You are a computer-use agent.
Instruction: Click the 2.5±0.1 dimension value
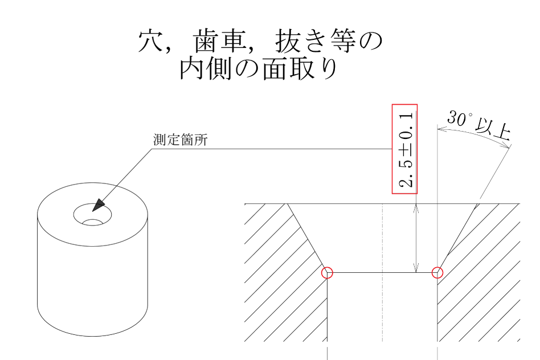point(406,149)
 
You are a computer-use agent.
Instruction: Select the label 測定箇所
point(180,140)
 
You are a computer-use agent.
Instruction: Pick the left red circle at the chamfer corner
point(327,272)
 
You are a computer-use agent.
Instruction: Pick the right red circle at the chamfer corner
point(437,272)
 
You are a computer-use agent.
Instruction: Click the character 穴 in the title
point(150,41)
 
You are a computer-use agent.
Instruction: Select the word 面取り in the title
point(299,69)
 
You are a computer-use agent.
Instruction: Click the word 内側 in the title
point(205,69)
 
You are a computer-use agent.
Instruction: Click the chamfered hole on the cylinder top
point(93,215)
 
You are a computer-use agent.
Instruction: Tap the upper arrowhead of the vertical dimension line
point(416,208)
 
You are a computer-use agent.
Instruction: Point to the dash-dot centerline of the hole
point(382,272)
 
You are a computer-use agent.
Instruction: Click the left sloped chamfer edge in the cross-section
point(307,238)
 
